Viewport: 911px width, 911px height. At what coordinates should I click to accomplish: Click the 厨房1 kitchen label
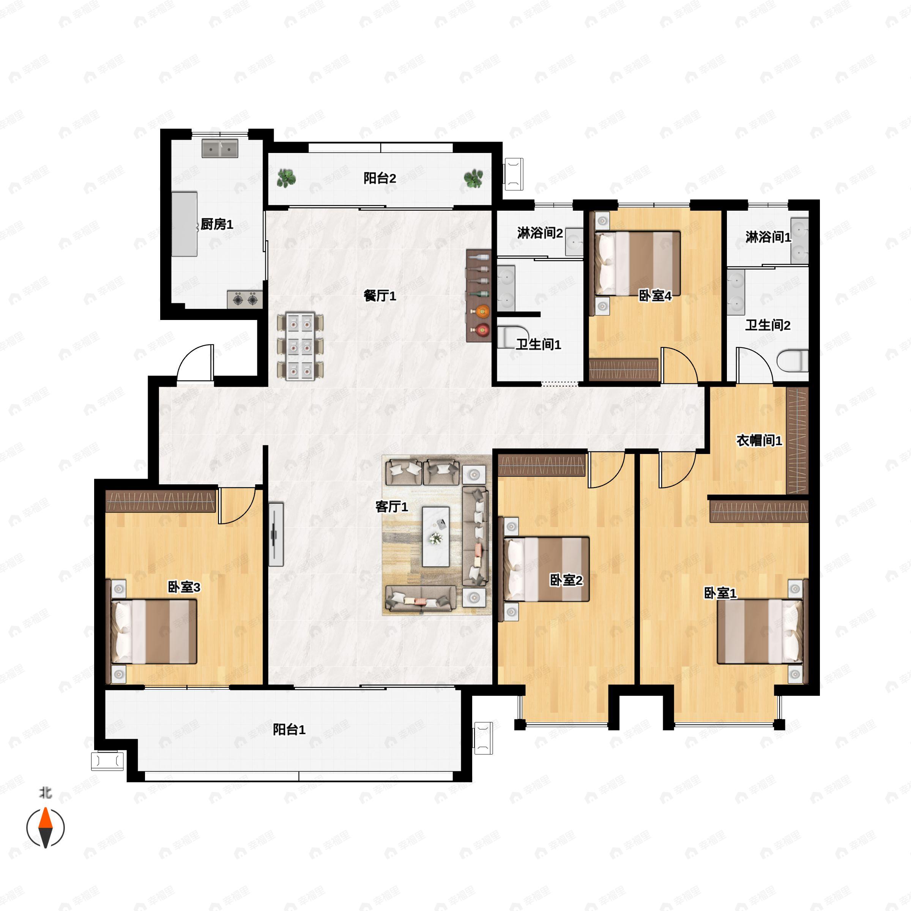click(217, 224)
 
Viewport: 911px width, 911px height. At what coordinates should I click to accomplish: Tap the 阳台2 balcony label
click(380, 178)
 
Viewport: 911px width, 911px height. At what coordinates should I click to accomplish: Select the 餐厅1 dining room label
click(380, 296)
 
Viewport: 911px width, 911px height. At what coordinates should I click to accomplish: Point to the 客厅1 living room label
click(391, 506)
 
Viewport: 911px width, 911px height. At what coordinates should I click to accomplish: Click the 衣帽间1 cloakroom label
click(759, 440)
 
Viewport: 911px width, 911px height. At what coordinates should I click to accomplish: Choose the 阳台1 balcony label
click(289, 730)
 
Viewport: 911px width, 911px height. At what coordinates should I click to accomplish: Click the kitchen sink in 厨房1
click(220, 148)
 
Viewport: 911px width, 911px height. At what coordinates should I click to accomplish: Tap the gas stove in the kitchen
click(245, 299)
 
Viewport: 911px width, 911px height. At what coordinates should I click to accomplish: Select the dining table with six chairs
click(300, 346)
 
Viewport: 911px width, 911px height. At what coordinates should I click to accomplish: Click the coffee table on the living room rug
click(436, 537)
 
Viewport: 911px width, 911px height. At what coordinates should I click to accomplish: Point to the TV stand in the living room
click(276, 534)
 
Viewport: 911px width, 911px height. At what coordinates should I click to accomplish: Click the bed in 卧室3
click(154, 631)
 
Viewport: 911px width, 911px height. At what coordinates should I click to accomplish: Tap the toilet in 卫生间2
click(792, 361)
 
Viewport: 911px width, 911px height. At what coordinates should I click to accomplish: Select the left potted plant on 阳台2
click(286, 179)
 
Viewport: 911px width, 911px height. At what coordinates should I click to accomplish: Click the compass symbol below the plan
click(45, 827)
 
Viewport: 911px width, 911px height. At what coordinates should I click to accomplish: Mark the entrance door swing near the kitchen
click(195, 362)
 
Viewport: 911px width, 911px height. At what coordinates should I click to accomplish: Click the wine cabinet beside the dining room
click(479, 296)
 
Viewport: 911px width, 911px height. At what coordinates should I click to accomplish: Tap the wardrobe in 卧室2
click(542, 465)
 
